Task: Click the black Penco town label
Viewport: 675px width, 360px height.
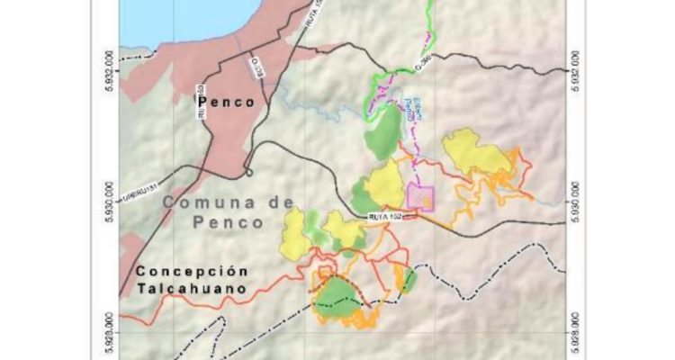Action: [226, 103]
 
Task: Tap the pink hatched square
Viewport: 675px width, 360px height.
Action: [420, 196]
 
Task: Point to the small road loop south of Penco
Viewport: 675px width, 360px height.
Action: [248, 172]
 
